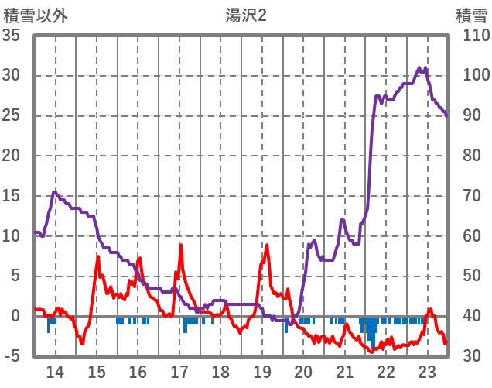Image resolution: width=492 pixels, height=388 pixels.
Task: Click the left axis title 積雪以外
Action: point(36,15)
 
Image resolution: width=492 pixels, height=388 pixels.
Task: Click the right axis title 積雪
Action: point(471,15)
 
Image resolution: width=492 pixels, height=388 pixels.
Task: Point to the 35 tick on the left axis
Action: point(15,36)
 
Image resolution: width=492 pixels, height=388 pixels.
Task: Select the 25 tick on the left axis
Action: point(15,115)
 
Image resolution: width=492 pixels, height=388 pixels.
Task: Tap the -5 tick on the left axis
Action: point(15,356)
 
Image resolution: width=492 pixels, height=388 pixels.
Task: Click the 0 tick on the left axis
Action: point(19,316)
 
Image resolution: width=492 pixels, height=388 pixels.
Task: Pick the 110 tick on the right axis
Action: point(471,36)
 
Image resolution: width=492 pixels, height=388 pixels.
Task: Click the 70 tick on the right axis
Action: point(471,196)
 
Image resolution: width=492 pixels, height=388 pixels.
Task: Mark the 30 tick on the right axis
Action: point(471,356)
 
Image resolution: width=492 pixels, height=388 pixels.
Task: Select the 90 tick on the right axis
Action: point(471,115)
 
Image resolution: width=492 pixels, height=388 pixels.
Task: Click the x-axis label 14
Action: point(56,372)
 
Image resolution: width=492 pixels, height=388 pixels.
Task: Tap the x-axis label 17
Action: point(179,372)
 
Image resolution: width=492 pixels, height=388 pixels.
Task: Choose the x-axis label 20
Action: point(303,372)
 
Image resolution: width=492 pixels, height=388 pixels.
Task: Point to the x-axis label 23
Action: point(427,372)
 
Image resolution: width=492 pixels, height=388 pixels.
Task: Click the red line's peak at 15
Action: point(98,256)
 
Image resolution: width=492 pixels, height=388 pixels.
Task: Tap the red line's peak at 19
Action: point(267,246)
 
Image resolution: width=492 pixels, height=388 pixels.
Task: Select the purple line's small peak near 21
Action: point(342,220)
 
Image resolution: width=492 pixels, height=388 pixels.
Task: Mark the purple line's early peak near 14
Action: point(54,191)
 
